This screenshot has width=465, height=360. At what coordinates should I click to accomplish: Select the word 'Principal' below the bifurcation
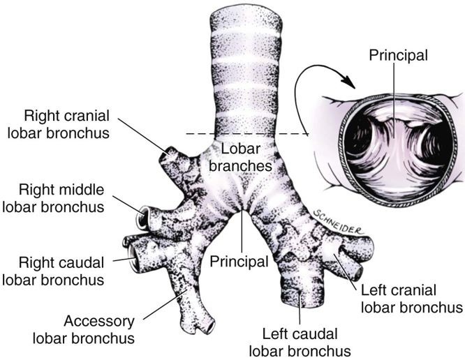click(x=239, y=262)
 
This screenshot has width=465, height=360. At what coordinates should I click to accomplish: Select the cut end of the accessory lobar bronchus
click(x=207, y=324)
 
